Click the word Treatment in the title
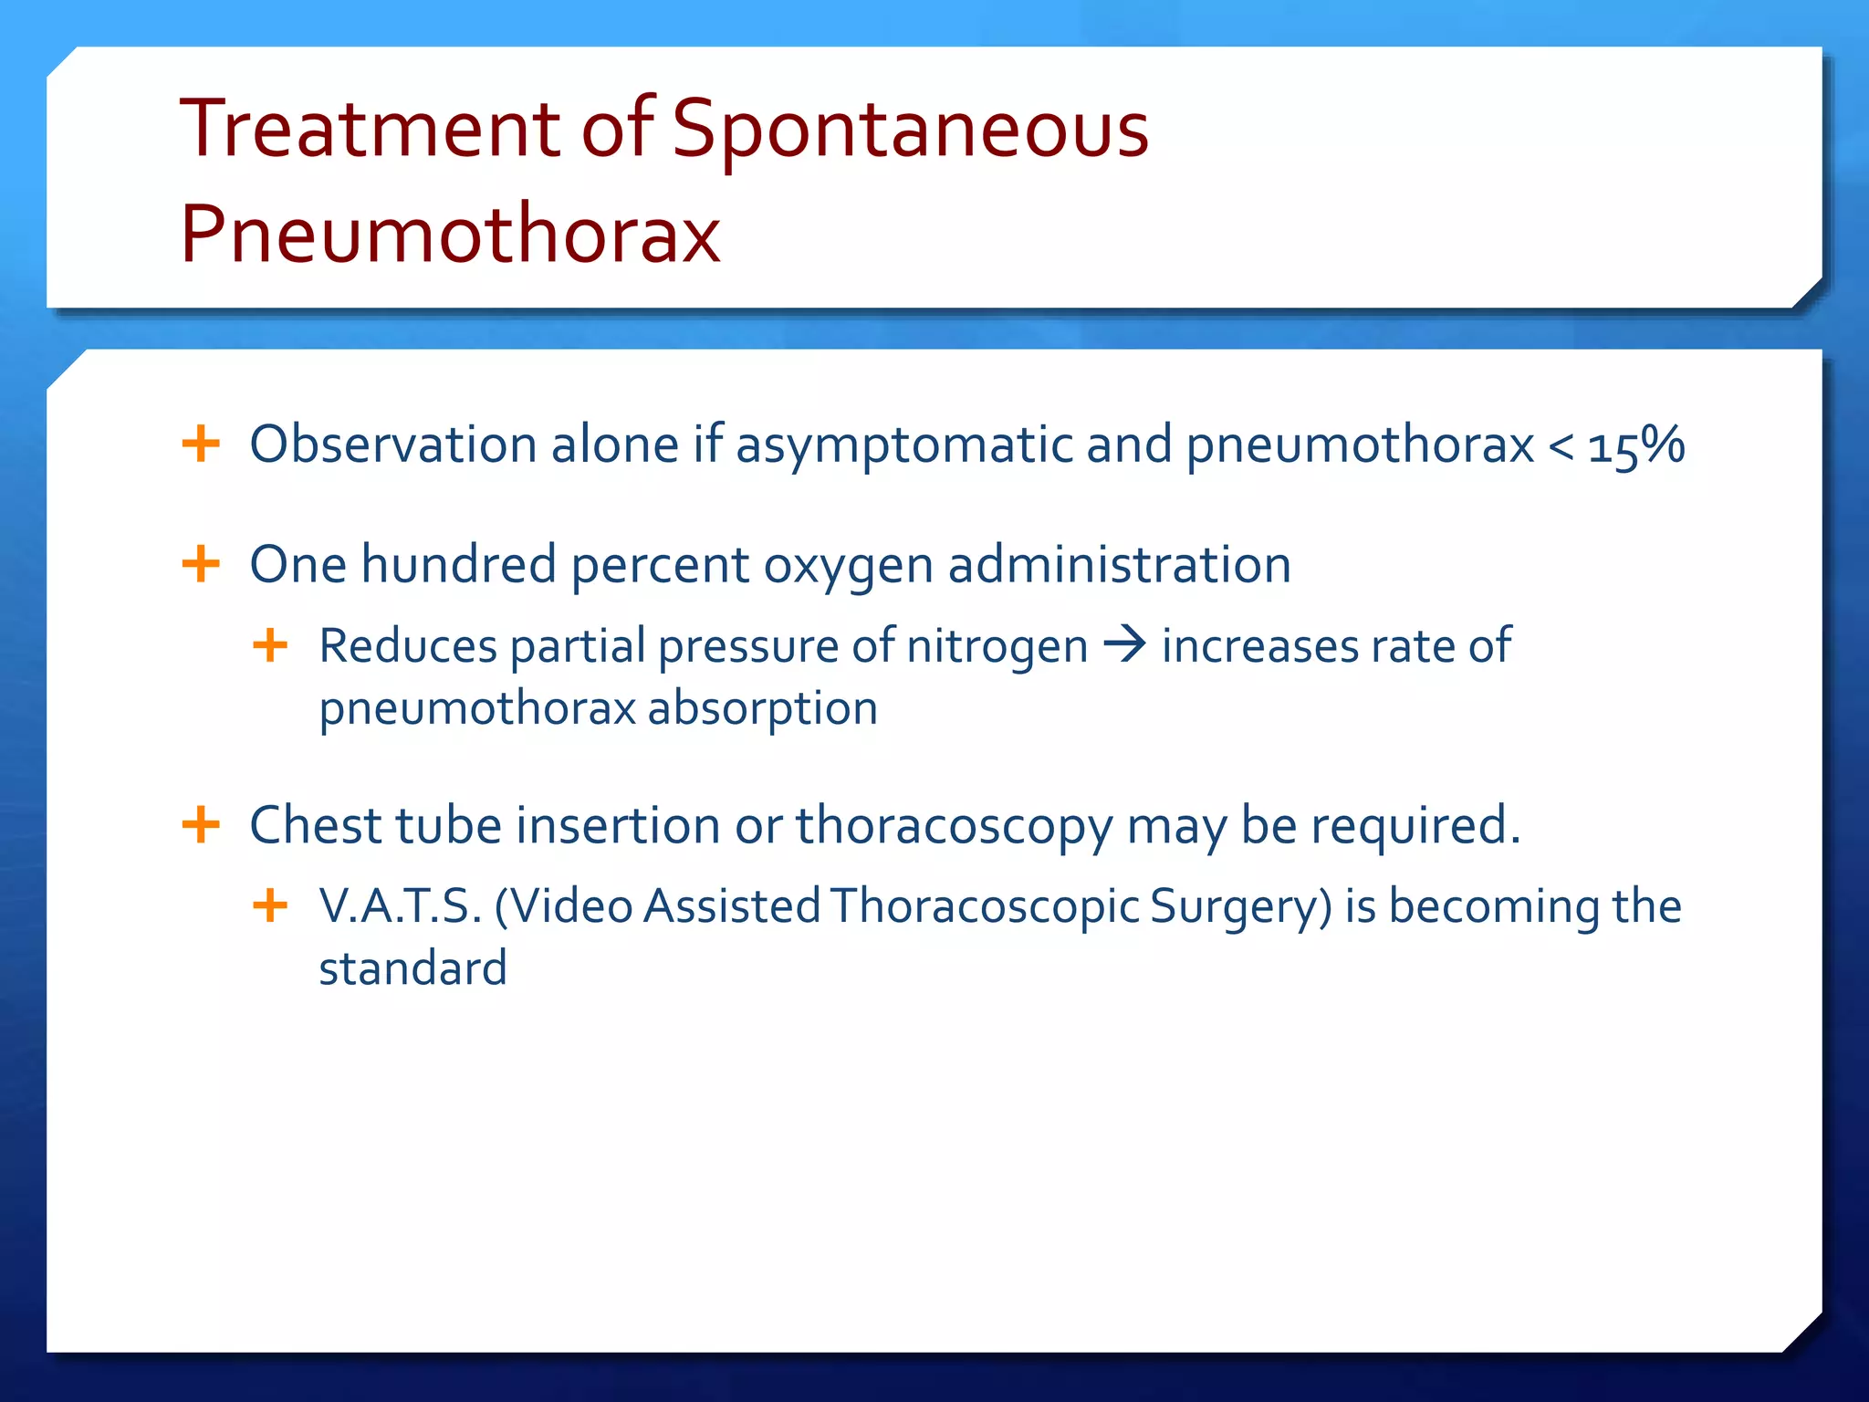pos(370,130)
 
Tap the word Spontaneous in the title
pos(910,130)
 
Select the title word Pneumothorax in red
pos(450,235)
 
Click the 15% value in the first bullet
pos(1635,446)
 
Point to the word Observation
pos(392,445)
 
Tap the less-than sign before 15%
pos(1561,447)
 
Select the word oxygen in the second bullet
pos(848,566)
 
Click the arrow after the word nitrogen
pos(1124,645)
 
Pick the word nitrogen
pos(997,648)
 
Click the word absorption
pos(762,709)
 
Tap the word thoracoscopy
pos(955,827)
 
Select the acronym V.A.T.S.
pos(399,907)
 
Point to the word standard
pos(412,969)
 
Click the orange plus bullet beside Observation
pos(201,445)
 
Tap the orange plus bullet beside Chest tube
pos(201,825)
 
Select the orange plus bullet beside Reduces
pos(270,645)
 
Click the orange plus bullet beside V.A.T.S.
pos(270,906)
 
